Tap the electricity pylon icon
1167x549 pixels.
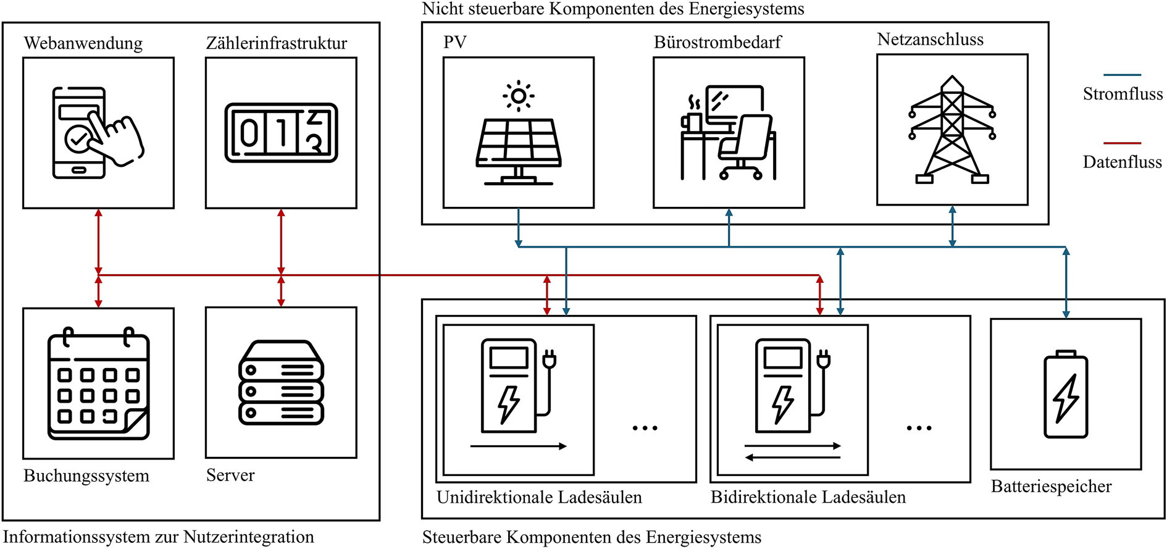click(x=952, y=130)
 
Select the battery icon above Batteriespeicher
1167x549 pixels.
click(x=1066, y=394)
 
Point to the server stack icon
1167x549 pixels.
click(x=281, y=382)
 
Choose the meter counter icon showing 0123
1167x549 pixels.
click(x=281, y=133)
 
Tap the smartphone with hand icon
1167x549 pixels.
click(x=98, y=133)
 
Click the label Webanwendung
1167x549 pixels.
click(x=83, y=43)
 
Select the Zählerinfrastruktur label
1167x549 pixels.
click(x=277, y=43)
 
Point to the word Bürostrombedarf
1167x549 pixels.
click(x=717, y=42)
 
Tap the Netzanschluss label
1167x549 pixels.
click(x=931, y=40)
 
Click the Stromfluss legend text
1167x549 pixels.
click(x=1123, y=94)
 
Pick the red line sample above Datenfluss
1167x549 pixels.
click(x=1122, y=143)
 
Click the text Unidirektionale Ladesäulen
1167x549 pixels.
click(x=539, y=497)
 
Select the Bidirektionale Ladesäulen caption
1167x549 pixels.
click(x=808, y=497)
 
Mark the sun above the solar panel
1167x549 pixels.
click(x=519, y=96)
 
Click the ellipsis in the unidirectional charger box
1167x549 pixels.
click(x=645, y=428)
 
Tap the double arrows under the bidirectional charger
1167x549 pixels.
click(x=793, y=451)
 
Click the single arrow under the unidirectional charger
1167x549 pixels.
click(x=519, y=446)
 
